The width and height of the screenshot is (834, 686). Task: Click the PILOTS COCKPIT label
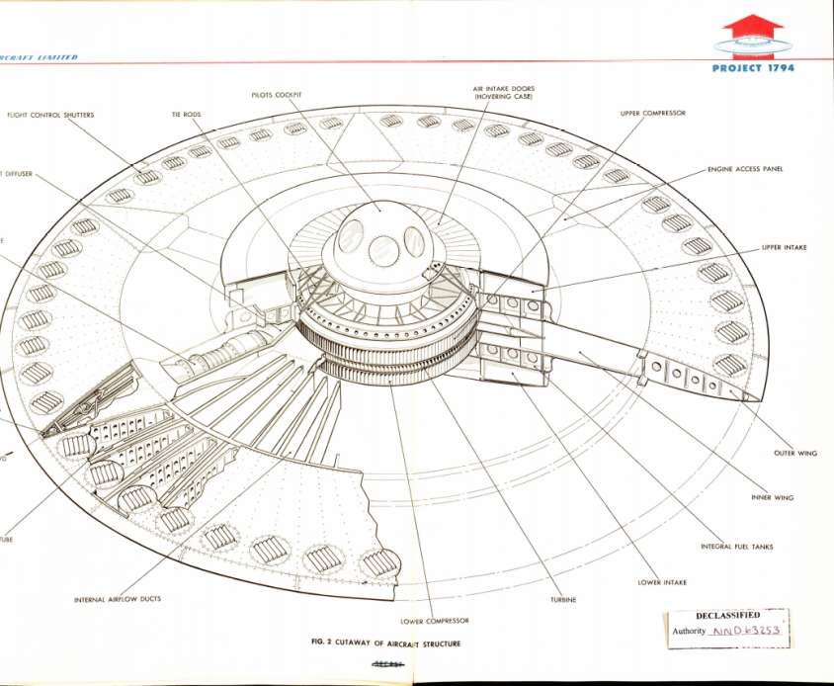[276, 95]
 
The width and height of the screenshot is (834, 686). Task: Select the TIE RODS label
[186, 115]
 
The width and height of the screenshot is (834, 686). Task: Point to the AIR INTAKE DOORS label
[503, 93]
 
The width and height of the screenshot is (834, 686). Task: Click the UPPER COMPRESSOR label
[652, 114]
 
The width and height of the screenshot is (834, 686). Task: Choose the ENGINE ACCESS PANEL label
[745, 169]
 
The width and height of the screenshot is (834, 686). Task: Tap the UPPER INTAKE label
[784, 247]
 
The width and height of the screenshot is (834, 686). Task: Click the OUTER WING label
[795, 453]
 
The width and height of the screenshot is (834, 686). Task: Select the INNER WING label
[773, 497]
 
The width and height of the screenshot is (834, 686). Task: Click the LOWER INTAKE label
[662, 582]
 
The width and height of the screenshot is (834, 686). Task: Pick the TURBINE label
[564, 600]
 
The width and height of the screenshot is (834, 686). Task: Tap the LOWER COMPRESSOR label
[435, 621]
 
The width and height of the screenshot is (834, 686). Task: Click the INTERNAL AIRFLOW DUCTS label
[118, 600]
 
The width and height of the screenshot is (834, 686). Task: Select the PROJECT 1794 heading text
[752, 68]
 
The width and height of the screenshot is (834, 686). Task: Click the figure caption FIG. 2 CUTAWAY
[385, 643]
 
